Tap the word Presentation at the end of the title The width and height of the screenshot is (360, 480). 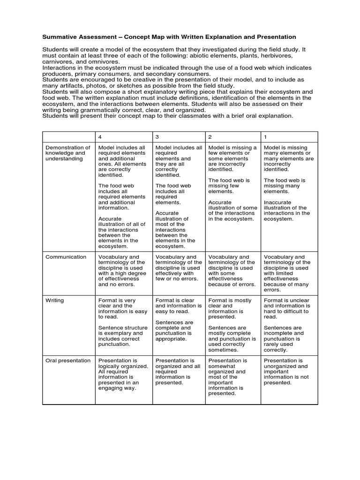pos(276,37)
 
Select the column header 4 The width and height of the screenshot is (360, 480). pos(100,136)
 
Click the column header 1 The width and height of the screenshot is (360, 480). pos(266,136)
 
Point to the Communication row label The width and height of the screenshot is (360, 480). pos(66,257)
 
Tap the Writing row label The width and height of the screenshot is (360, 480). pos(54,300)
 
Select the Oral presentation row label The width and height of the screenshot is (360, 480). pos(67,360)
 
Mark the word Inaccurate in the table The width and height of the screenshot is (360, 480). pos(278,202)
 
